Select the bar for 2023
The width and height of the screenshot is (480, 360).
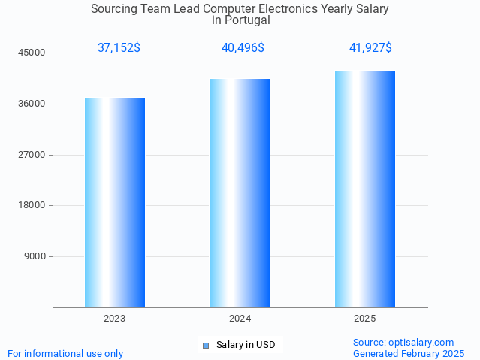pyautogui.click(x=115, y=202)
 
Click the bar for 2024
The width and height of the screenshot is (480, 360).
pyautogui.click(x=240, y=193)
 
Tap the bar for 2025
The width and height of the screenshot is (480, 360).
pyautogui.click(x=365, y=189)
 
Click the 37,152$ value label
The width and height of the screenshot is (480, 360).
pyautogui.click(x=119, y=48)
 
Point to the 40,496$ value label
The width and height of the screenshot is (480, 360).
pyautogui.click(x=243, y=48)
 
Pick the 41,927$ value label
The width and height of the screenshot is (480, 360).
pyautogui.click(x=370, y=48)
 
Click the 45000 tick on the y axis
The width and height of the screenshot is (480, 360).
pyautogui.click(x=32, y=53)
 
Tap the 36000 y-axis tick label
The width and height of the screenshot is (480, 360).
pyautogui.click(x=32, y=104)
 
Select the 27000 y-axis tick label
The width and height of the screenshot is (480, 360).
pyautogui.click(x=32, y=155)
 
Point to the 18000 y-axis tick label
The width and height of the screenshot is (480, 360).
pyautogui.click(x=32, y=205)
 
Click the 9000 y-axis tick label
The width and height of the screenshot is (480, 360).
pyautogui.click(x=35, y=256)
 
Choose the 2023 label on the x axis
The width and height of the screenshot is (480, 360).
pyautogui.click(x=115, y=319)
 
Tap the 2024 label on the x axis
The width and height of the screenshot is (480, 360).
pyautogui.click(x=240, y=319)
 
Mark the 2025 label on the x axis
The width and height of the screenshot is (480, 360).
pyautogui.click(x=365, y=319)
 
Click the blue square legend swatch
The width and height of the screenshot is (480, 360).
pyautogui.click(x=205, y=346)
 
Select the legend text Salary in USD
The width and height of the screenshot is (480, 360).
pyautogui.click(x=246, y=346)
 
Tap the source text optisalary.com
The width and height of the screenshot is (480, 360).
pyautogui.click(x=421, y=343)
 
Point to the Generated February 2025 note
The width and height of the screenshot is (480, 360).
pyautogui.click(x=409, y=353)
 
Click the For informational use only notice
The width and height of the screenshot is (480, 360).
pyautogui.click(x=65, y=353)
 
